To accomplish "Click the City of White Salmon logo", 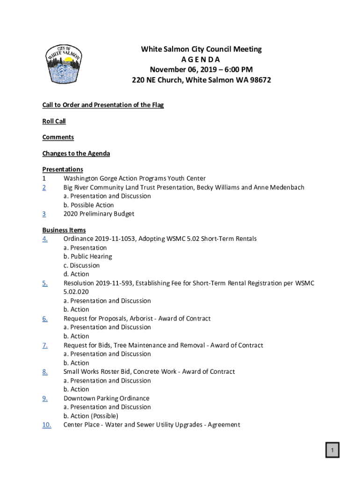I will pos(64,65).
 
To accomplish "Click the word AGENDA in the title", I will pos(201,59).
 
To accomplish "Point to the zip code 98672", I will pos(259,80).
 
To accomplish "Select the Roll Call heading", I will pos(54,121).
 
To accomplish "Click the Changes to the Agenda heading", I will pos(76,153).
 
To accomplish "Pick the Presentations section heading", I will pos(63,169).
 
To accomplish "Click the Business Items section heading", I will pos(64,230).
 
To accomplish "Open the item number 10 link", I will pos(47,425).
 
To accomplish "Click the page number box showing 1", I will pos(332,450).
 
